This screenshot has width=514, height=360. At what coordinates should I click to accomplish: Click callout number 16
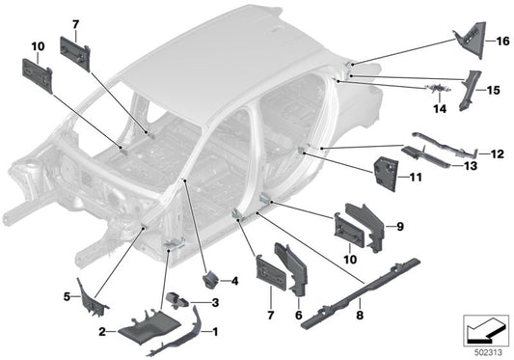(501, 42)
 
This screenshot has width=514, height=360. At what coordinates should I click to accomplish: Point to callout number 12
(499, 152)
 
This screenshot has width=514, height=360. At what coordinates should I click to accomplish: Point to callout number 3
(215, 304)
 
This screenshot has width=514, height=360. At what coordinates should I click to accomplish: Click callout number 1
(215, 331)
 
